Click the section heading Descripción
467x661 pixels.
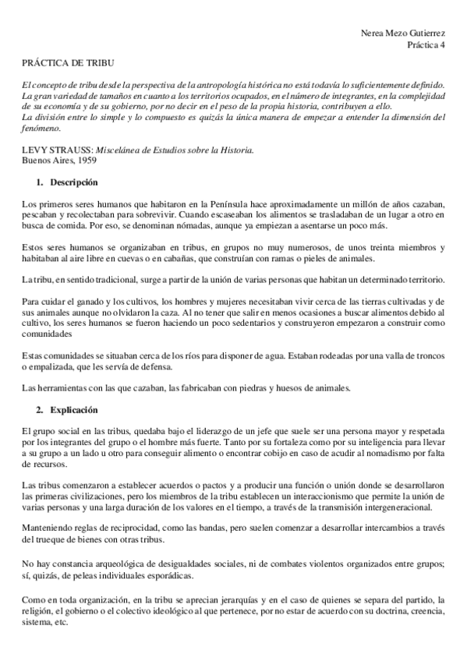(x=75, y=182)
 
